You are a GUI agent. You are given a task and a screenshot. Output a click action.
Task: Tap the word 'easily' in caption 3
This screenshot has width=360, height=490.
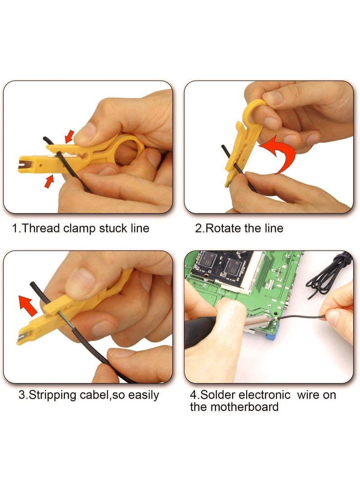143,396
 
